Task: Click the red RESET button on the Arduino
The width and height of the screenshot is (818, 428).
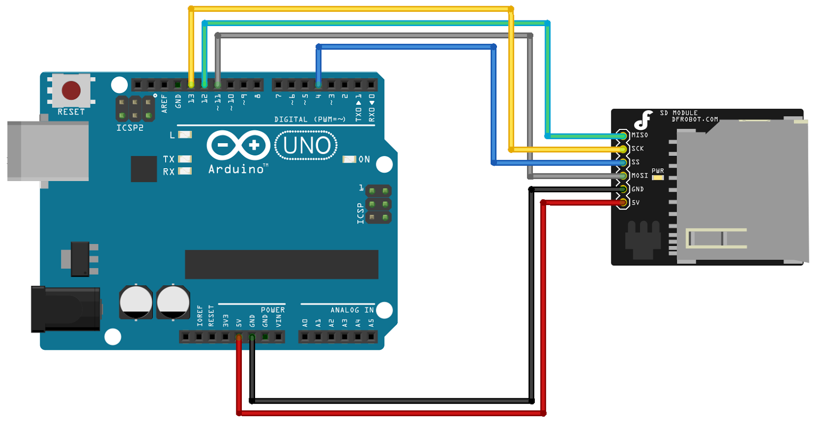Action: (71, 91)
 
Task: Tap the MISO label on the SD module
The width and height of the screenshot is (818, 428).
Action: (640, 135)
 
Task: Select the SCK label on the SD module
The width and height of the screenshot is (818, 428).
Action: (638, 149)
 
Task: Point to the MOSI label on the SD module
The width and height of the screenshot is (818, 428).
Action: (640, 175)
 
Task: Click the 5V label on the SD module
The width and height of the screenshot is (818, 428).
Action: (635, 202)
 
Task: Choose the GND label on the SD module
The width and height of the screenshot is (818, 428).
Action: (638, 189)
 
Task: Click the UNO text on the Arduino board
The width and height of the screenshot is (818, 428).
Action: (306, 146)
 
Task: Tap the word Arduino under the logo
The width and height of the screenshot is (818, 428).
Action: (236, 169)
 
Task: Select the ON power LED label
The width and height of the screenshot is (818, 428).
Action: (364, 160)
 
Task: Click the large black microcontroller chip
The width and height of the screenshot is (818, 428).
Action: (281, 264)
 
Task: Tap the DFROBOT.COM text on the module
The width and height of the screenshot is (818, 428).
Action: (695, 120)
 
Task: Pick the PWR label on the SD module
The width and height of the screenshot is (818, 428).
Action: (657, 171)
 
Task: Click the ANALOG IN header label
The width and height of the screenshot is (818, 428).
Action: (352, 310)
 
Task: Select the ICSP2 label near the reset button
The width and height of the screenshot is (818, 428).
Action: (130, 128)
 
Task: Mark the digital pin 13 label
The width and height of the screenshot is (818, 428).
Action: (191, 98)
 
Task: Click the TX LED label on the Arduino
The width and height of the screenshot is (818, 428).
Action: (169, 159)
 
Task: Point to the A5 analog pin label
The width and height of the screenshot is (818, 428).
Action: (371, 323)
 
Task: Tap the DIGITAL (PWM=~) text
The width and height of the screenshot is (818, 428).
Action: (310, 119)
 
